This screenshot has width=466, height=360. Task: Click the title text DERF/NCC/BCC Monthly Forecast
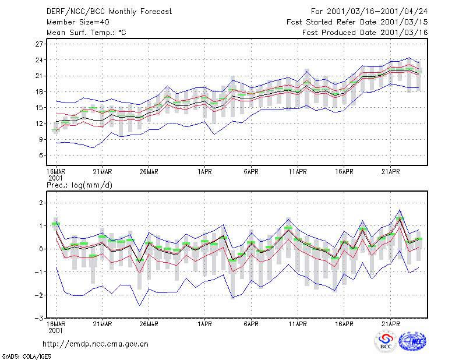click(109, 12)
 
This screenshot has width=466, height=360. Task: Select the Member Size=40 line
click(78, 22)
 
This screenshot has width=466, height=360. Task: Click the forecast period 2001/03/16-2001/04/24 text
click(369, 12)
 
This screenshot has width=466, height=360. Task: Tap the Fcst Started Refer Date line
click(357, 22)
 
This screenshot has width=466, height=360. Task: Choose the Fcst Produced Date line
click(365, 33)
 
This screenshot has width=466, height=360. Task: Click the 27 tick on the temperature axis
click(39, 44)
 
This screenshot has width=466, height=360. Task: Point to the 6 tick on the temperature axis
click(41, 156)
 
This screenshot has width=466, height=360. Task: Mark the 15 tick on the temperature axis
click(39, 108)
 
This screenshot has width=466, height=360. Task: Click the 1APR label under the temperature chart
click(204, 172)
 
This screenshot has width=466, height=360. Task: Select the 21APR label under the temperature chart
click(390, 172)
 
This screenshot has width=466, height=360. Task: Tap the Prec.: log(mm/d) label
click(79, 185)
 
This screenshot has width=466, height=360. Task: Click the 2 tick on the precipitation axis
click(41, 203)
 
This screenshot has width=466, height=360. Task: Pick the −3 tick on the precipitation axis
click(39, 318)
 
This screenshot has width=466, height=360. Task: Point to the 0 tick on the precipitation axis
click(41, 249)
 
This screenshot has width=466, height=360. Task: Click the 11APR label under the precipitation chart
click(298, 324)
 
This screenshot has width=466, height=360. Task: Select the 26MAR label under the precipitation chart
click(149, 324)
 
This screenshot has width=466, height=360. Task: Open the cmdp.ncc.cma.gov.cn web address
click(96, 344)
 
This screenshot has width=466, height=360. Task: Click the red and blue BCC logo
click(386, 342)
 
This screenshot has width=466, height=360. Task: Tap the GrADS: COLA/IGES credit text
click(26, 357)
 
